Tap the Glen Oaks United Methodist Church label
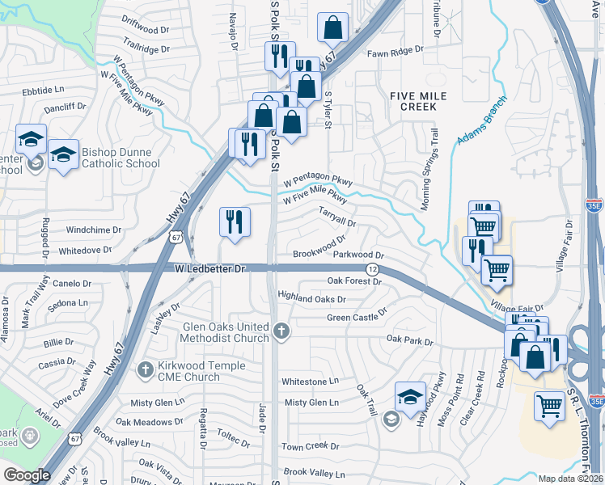pyautogui.click(x=226, y=332)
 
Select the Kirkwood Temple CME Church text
pyautogui.click(x=189, y=371)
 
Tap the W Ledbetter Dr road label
pyautogui.click(x=209, y=268)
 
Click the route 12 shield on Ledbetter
pyautogui.click(x=372, y=268)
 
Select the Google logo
pyautogui.click(x=27, y=474)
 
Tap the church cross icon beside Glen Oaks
pyautogui.click(x=281, y=330)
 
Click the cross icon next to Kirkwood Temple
pyautogui.click(x=145, y=369)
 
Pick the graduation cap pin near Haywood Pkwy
pyautogui.click(x=411, y=396)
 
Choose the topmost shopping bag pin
pyautogui.click(x=332, y=28)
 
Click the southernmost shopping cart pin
pyautogui.click(x=550, y=405)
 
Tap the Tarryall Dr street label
pyautogui.click(x=337, y=218)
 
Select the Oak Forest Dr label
pyautogui.click(x=353, y=281)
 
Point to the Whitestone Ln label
pyautogui.click(x=309, y=382)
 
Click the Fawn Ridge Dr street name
pyautogui.click(x=396, y=50)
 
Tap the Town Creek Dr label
pyautogui.click(x=310, y=446)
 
